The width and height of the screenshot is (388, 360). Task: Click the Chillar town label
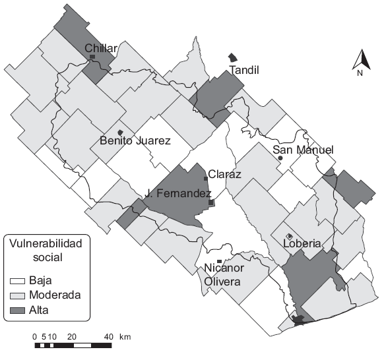point(101,48)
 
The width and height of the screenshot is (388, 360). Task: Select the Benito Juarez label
point(135,140)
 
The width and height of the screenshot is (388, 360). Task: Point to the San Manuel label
point(304,150)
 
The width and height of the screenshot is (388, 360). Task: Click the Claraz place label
point(224,175)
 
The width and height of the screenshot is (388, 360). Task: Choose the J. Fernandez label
point(178,194)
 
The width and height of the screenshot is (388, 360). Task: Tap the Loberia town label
point(302,243)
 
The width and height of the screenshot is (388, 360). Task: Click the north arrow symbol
point(360,61)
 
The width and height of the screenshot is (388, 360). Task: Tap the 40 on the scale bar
point(109,337)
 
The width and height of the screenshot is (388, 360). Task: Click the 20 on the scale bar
point(73,337)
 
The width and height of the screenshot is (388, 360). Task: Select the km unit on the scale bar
point(125,337)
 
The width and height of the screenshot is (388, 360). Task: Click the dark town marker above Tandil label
point(232,58)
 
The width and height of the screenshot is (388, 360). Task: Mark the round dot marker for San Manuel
point(280,158)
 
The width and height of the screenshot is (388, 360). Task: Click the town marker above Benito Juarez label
point(119,132)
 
